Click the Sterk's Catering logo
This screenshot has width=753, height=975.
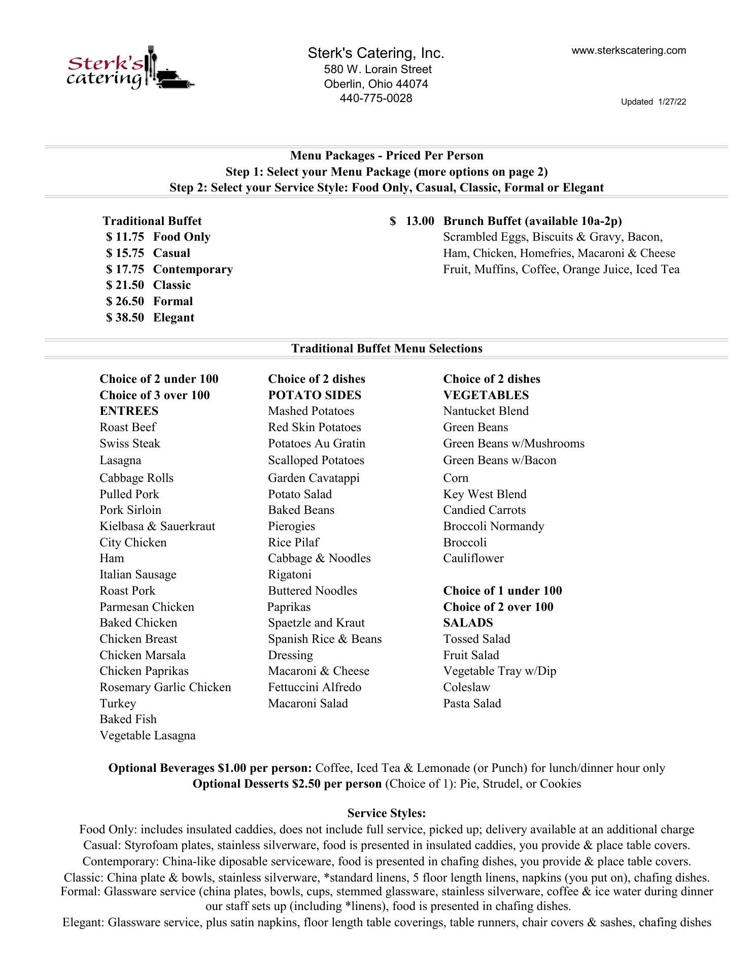point(129,69)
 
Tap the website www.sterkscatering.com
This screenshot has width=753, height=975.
point(629,50)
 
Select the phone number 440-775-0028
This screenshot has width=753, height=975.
point(376,98)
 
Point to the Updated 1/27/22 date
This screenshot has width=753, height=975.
point(654,102)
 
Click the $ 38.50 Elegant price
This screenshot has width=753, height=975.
point(151,317)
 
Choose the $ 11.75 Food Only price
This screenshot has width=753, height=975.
point(158,237)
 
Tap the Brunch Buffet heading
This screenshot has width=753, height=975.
point(532,221)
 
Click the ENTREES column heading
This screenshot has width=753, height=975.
point(129,411)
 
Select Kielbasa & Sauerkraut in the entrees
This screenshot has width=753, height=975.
point(157,526)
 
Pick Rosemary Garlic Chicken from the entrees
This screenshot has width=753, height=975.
point(165,687)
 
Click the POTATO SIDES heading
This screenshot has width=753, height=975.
point(315,395)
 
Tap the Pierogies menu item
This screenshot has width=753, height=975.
point(292,526)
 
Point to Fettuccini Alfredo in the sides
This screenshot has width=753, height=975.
point(315,687)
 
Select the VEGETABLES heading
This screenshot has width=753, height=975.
point(486,395)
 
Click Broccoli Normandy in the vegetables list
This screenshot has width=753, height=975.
point(493,526)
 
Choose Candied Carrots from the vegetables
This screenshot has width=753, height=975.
point(484,510)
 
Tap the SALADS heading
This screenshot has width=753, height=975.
point(468,623)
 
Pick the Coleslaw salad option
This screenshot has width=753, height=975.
point(466,687)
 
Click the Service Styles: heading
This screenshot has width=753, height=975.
point(386,813)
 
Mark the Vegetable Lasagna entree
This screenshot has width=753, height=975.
point(147,735)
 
